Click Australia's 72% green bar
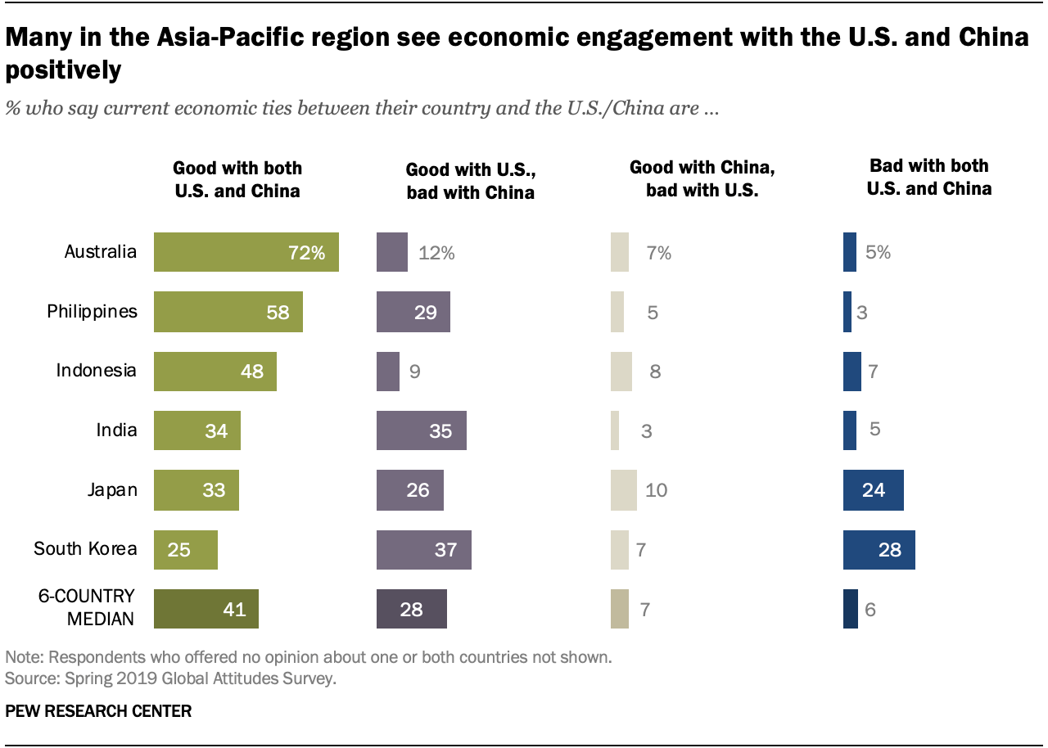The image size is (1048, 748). pos(246,252)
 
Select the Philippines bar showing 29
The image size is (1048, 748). pos(413,312)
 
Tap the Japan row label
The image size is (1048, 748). pos(113,489)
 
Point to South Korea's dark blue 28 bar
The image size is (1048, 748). pos(879,549)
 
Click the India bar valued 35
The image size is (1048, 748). pos(421,430)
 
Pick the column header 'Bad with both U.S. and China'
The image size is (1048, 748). pos(929,177)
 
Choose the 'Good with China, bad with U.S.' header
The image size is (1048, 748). pos(702,179)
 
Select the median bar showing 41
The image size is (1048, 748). pos(206,609)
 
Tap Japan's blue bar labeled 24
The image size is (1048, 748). pos(873,490)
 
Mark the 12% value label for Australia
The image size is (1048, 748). pos(436,253)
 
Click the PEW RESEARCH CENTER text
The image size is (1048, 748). pos(98,711)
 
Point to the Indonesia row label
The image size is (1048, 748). pos(96,370)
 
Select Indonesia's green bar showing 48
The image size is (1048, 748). pos(215,371)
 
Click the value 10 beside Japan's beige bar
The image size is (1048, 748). pos(656,490)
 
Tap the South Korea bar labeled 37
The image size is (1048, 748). pos(423,549)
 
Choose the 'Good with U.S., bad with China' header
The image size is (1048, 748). pos(470,181)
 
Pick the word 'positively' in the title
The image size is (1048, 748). pos(64,70)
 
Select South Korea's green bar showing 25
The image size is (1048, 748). pos(185,549)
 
